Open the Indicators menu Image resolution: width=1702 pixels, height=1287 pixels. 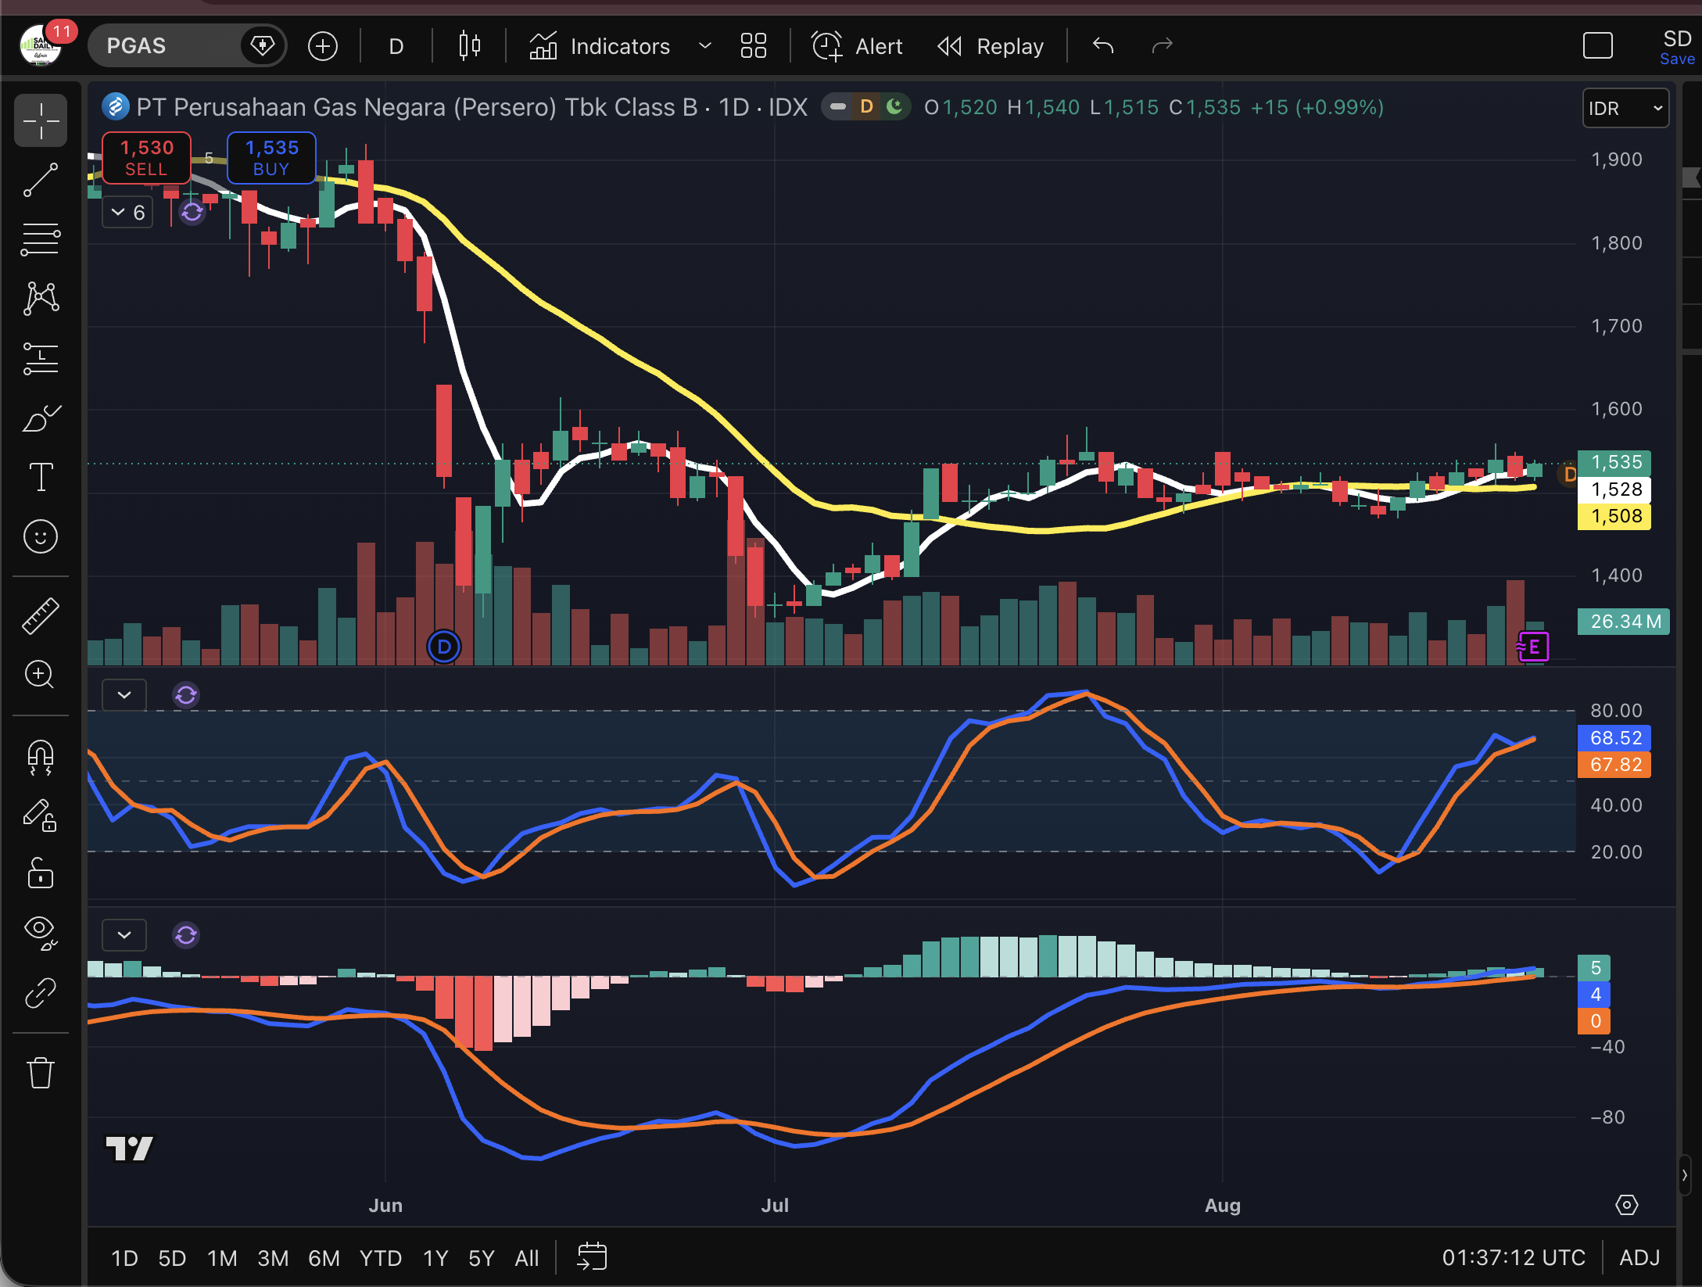[x=600, y=46]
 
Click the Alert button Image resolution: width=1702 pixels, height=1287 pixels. [x=857, y=46]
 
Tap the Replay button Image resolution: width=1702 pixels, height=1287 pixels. [x=991, y=46]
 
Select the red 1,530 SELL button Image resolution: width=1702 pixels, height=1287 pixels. [x=146, y=158]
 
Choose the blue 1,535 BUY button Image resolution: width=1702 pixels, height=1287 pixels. [x=271, y=158]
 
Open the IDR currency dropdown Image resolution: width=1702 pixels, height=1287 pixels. [x=1625, y=108]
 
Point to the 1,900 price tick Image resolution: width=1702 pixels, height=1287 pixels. [x=1616, y=160]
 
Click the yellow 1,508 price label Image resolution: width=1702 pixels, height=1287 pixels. [x=1614, y=516]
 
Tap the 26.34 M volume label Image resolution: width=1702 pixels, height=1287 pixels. [x=1624, y=622]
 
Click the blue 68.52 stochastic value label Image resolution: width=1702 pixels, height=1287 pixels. [x=1614, y=738]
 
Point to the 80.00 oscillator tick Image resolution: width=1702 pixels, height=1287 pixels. [x=1616, y=711]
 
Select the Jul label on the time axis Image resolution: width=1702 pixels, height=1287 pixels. [x=775, y=1205]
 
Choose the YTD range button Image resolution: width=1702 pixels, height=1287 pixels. [x=381, y=1258]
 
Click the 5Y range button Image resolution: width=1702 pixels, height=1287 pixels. [x=482, y=1258]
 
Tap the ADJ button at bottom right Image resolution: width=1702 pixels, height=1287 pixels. [x=1639, y=1257]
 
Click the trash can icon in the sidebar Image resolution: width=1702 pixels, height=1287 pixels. [x=41, y=1072]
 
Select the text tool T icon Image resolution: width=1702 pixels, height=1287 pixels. [x=41, y=476]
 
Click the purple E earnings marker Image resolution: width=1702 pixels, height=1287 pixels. [x=1533, y=647]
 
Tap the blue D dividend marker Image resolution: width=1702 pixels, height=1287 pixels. [x=444, y=647]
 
